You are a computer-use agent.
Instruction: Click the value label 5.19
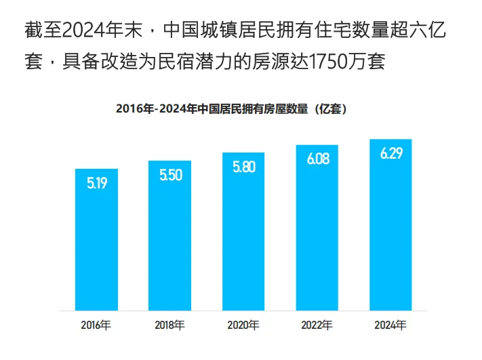(x=96, y=182)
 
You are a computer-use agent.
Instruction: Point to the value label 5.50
(x=170, y=175)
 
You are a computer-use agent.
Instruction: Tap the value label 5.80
(x=243, y=167)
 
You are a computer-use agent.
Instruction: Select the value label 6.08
(x=317, y=159)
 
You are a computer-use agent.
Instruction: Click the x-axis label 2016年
(x=96, y=325)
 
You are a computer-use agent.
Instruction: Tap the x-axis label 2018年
(x=169, y=325)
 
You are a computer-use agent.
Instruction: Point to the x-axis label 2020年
(x=243, y=325)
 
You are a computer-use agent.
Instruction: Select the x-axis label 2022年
(x=317, y=325)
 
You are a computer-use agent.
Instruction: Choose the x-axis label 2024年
(x=390, y=325)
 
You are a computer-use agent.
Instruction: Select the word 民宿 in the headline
(x=188, y=63)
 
